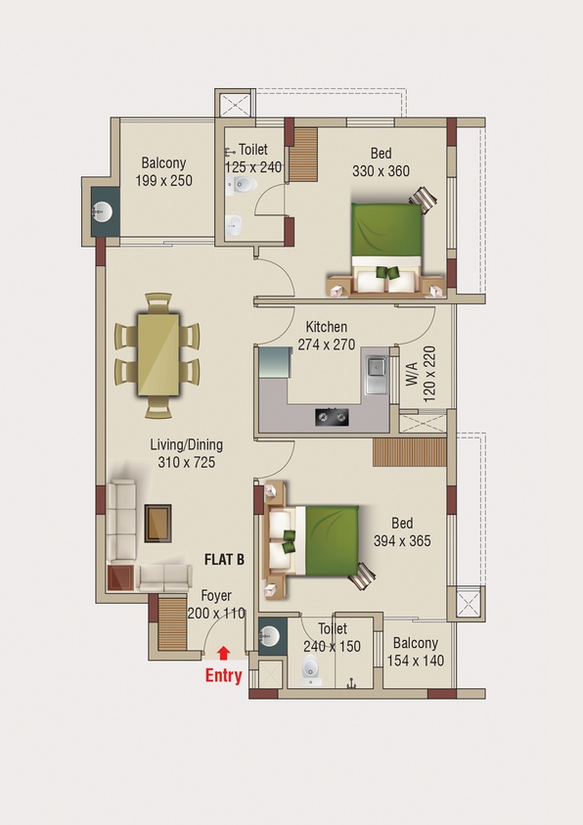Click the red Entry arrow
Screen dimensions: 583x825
(223, 653)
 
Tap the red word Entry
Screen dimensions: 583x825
(223, 676)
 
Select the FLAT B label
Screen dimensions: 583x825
(224, 559)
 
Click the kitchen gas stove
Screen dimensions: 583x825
(333, 417)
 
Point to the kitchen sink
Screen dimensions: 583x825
(377, 374)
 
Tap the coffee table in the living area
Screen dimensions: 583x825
(157, 523)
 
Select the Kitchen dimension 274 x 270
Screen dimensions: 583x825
(327, 344)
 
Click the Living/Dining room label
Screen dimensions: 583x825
(187, 445)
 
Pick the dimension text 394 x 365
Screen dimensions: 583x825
(402, 541)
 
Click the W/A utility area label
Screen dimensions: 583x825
(412, 374)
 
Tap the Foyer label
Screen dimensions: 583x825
(216, 596)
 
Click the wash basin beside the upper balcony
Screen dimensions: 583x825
(102, 212)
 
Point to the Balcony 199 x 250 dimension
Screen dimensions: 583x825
(164, 180)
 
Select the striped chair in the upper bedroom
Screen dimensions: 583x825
(424, 200)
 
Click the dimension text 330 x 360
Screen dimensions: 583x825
(381, 171)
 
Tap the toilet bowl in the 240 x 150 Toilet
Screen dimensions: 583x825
(311, 669)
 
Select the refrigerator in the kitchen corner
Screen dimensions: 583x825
(275, 362)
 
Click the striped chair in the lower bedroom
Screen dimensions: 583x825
(362, 576)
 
